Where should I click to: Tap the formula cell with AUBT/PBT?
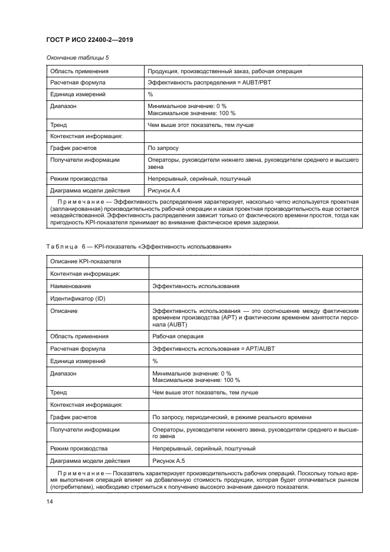point(211,83)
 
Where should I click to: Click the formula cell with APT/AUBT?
point(213,348)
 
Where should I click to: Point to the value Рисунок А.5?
point(168,460)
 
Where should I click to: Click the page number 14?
point(50,502)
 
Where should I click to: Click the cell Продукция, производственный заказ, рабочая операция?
point(225,71)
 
